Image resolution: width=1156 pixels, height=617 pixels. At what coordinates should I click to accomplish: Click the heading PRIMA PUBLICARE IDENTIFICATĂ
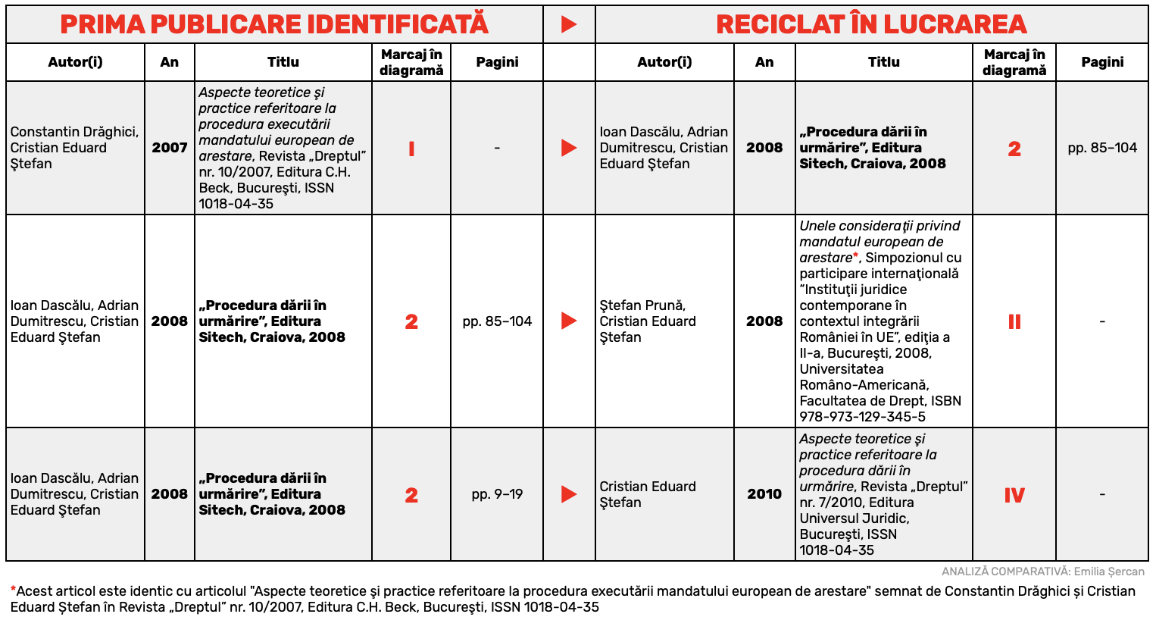[274, 24]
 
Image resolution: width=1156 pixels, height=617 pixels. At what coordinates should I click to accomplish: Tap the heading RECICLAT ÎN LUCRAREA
[871, 24]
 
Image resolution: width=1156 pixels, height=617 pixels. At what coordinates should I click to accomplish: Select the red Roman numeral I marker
[411, 149]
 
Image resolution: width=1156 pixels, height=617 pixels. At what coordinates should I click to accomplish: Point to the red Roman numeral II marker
[1014, 322]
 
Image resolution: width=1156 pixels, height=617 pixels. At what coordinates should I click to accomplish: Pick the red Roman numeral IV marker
[1014, 496]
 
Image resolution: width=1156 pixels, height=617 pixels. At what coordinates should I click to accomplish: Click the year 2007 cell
[170, 148]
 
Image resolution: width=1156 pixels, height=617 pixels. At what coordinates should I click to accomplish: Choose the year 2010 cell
[764, 494]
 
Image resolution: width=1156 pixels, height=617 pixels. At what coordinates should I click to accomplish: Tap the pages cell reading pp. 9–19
[497, 494]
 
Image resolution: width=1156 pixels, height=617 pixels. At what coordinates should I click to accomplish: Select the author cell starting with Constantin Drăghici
[74, 148]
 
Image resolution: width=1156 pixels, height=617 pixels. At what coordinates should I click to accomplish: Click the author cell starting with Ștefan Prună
[648, 321]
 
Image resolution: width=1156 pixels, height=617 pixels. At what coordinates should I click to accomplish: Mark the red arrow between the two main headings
[569, 24]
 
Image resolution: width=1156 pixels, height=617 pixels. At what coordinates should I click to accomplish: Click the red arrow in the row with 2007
[569, 148]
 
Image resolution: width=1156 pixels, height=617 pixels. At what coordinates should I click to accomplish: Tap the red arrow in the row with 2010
[569, 494]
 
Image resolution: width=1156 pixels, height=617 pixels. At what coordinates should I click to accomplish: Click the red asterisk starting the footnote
[13, 590]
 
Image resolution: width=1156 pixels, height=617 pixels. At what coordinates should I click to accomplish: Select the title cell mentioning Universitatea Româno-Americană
[883, 321]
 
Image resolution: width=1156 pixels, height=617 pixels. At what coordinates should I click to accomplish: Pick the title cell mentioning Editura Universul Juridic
[883, 494]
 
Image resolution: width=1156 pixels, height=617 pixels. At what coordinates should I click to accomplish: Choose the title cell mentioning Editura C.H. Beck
[283, 148]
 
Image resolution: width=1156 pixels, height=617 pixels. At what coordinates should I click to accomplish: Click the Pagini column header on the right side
[1102, 62]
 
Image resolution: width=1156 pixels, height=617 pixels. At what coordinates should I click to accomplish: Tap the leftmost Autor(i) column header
[75, 62]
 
